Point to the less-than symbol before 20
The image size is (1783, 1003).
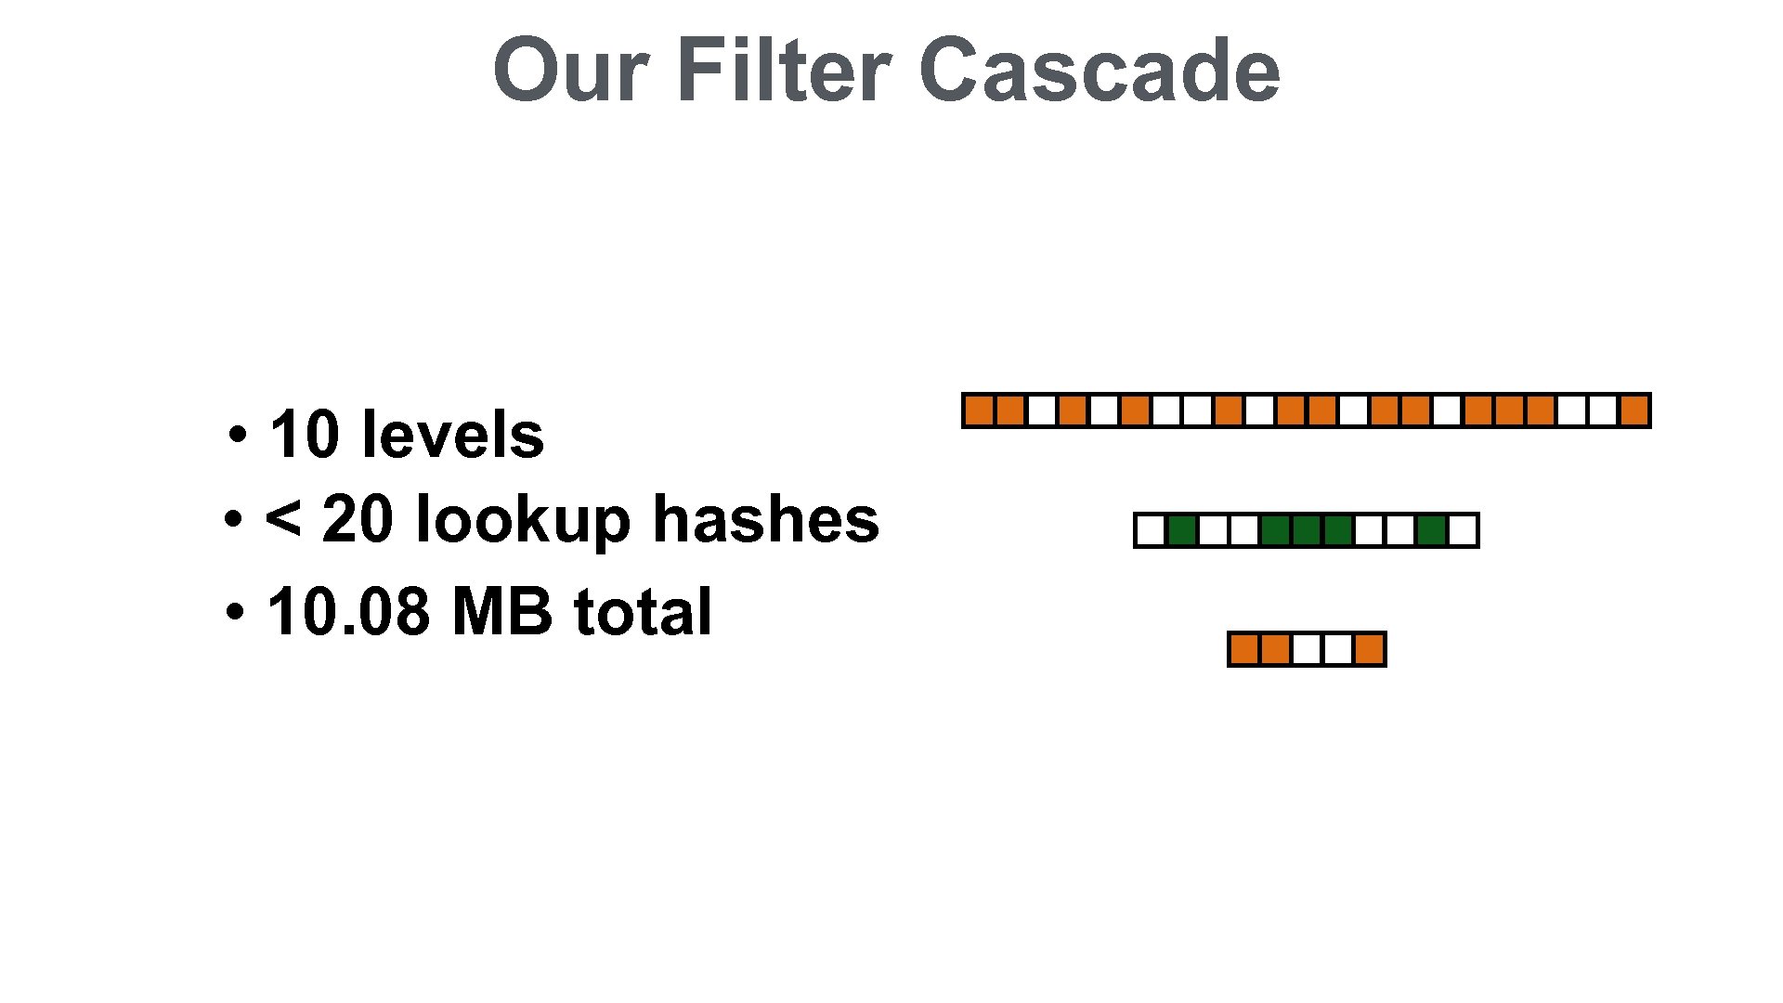click(282, 519)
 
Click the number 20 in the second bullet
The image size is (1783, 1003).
click(358, 519)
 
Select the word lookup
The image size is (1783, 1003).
click(523, 519)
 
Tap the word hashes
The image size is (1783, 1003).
click(766, 519)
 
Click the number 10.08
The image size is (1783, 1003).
click(348, 612)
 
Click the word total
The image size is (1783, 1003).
click(643, 612)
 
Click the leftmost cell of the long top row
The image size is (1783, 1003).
click(979, 410)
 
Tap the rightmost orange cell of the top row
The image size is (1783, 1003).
click(1633, 410)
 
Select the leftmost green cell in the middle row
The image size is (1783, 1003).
click(1181, 530)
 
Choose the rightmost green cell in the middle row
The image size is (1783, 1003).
click(1431, 530)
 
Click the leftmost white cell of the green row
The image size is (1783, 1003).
click(1151, 530)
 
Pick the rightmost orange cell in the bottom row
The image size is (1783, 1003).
click(1369, 649)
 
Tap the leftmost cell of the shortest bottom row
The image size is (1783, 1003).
click(1244, 649)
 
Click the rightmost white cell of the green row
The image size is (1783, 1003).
click(1462, 530)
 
